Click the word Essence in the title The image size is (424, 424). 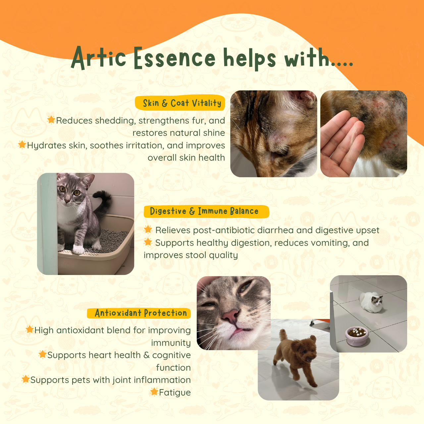[175, 58]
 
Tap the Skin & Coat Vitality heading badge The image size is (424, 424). [181, 103]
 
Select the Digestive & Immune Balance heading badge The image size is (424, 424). [205, 211]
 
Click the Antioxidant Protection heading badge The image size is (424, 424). [139, 313]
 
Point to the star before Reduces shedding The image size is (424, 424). [51, 120]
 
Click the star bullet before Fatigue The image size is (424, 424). [154, 392]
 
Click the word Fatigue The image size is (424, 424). [175, 393]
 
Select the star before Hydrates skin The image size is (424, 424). [22, 145]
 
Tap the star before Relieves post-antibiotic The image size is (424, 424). [148, 230]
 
